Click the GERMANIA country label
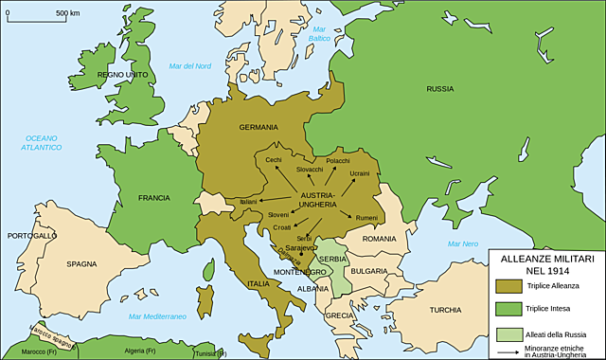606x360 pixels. pos(258,127)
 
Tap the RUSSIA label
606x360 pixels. pos(439,89)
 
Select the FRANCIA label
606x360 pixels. pos(153,198)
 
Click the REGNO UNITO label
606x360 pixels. pos(122,74)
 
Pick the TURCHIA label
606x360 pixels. pos(444,310)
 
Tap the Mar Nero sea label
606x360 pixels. pos(463,244)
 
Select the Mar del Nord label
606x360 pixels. pos(188,65)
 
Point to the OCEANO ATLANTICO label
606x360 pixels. pos(44,143)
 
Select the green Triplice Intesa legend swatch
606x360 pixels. pos(509,308)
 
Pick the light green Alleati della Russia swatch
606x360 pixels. pos(509,334)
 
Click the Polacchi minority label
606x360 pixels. pos(338,161)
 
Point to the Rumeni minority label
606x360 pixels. pos(366,218)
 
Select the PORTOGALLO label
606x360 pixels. pos(32,235)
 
